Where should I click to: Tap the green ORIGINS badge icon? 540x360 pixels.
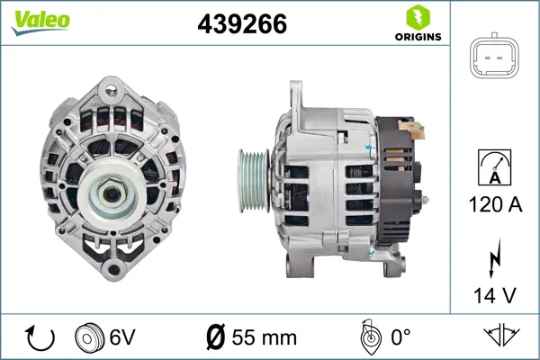pyautogui.click(x=418, y=17)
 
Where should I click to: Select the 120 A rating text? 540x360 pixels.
pyautogui.click(x=496, y=205)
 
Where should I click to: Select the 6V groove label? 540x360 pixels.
pyautogui.click(x=123, y=338)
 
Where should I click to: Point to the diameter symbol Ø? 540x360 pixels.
pyautogui.click(x=216, y=338)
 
